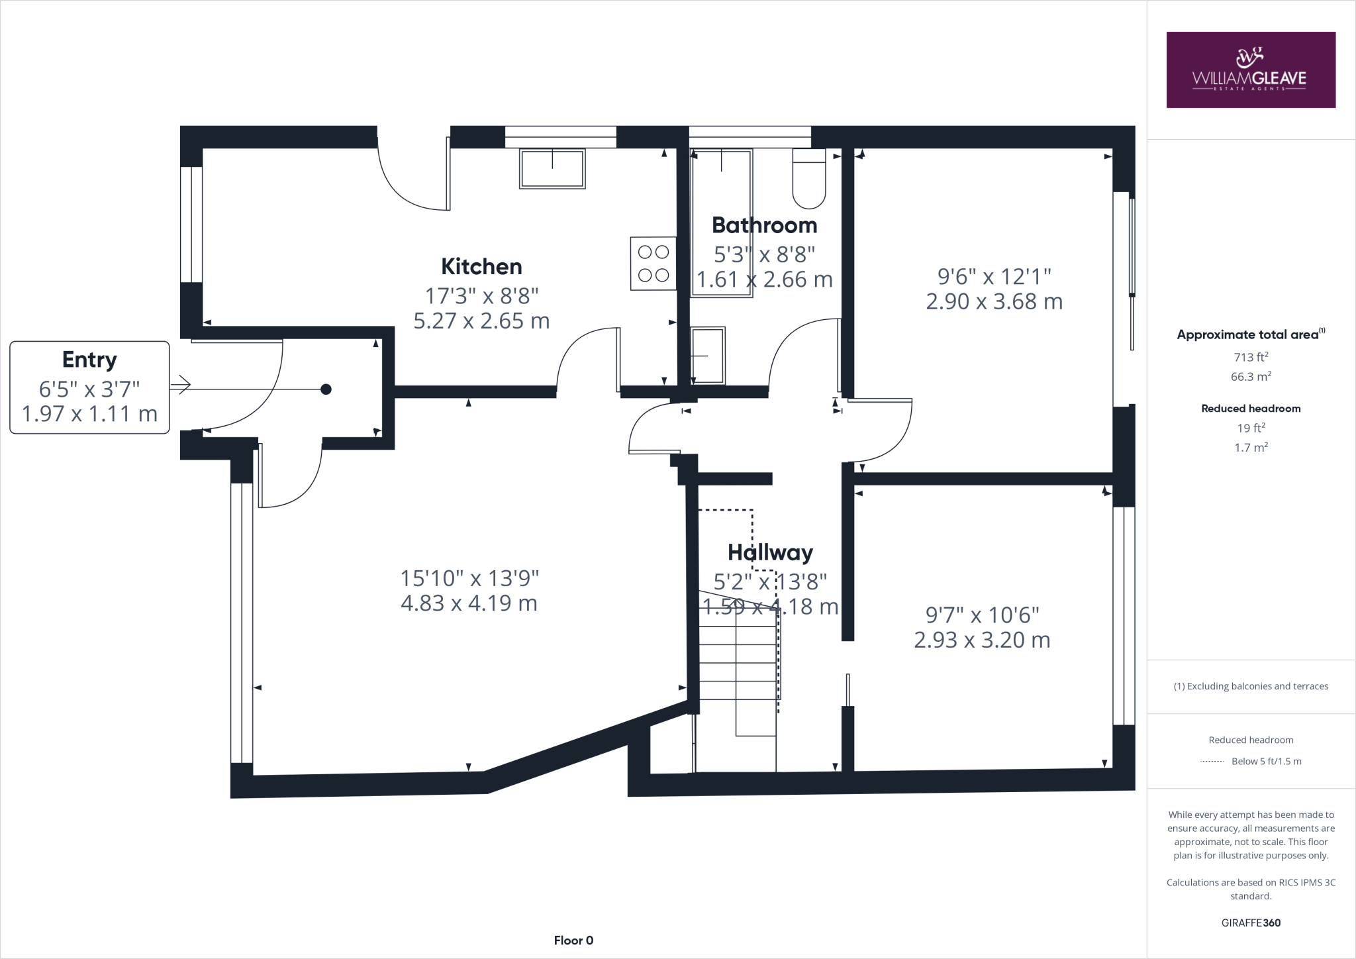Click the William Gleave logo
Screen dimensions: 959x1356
[1250, 70]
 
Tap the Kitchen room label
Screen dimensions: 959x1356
[481, 267]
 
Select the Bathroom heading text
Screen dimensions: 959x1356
[764, 226]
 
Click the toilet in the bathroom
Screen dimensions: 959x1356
[809, 179]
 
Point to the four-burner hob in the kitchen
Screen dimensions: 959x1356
[654, 264]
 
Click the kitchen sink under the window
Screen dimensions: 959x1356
[552, 169]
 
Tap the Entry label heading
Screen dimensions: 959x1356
[89, 360]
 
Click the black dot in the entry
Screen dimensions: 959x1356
[326, 389]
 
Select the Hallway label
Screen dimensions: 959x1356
[770, 552]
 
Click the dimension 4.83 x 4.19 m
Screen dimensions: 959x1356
[469, 603]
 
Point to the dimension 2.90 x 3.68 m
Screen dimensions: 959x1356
[994, 301]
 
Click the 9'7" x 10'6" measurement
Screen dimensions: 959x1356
[982, 615]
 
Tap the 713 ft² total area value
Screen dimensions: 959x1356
[1251, 357]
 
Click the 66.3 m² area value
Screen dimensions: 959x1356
[1251, 377]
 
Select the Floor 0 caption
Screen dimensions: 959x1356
[573, 940]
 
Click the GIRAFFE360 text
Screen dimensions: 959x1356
[1251, 923]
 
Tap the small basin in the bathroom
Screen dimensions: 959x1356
[708, 356]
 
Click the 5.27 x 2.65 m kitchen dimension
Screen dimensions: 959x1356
[481, 321]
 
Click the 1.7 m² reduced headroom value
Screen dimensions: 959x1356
[1251, 448]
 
